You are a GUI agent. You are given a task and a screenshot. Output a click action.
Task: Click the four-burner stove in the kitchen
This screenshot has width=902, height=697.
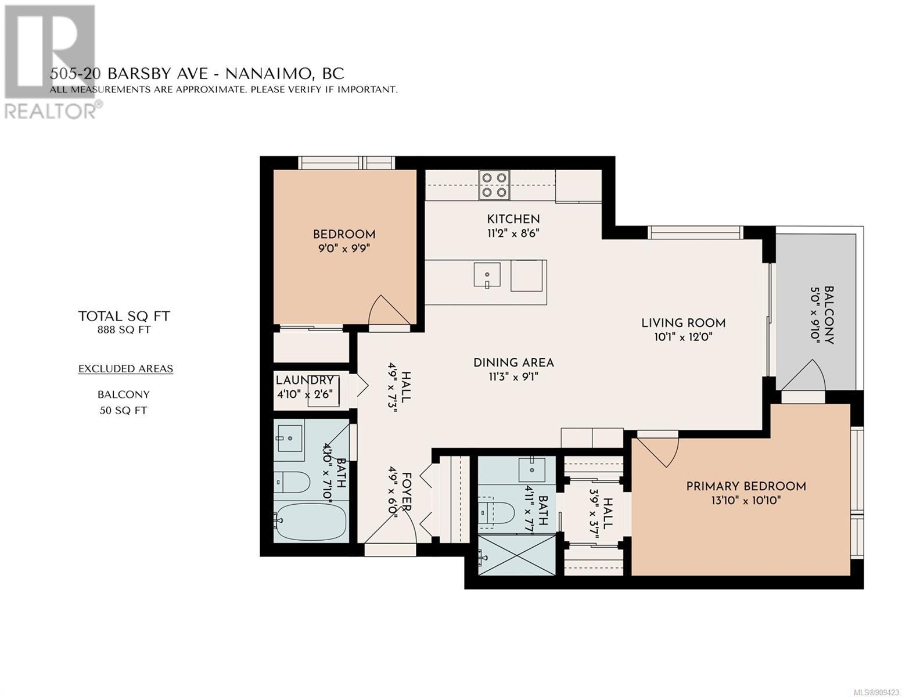(x=494, y=185)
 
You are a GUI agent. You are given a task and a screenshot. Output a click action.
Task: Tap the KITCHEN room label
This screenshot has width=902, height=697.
(x=513, y=219)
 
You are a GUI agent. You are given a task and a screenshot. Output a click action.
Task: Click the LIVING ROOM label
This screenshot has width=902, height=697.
(x=683, y=322)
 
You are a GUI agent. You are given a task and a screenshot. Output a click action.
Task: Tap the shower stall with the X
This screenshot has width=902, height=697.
(x=517, y=555)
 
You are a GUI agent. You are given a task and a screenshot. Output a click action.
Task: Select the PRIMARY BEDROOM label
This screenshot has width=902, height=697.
(x=746, y=486)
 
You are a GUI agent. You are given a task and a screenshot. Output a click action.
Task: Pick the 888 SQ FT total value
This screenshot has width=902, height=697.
(x=124, y=330)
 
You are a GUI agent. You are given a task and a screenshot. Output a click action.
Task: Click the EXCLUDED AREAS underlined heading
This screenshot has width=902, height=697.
(x=126, y=369)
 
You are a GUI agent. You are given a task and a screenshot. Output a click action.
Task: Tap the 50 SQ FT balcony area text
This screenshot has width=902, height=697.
(x=123, y=411)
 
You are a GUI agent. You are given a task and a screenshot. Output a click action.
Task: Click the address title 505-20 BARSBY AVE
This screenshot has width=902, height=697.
(x=129, y=74)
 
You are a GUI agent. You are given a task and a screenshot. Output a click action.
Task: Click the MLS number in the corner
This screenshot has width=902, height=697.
(x=878, y=692)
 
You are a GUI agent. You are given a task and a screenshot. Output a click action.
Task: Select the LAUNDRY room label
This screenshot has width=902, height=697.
(x=305, y=380)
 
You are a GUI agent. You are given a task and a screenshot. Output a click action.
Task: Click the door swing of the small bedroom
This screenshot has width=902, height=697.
(x=388, y=310)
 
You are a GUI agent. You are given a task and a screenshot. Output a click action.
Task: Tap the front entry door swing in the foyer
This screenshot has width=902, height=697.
(x=390, y=526)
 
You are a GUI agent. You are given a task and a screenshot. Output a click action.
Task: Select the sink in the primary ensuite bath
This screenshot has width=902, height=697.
(x=532, y=470)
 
